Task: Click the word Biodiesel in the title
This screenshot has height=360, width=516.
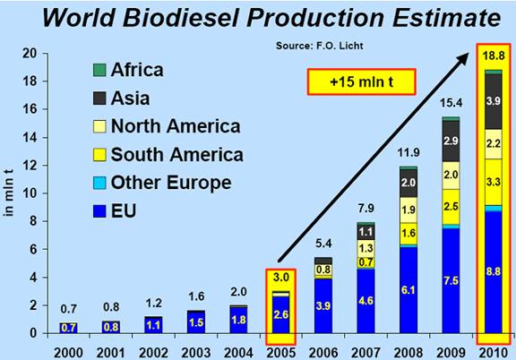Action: [x=180, y=17]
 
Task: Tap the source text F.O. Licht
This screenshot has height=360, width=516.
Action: [x=340, y=46]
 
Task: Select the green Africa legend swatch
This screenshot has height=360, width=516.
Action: [x=99, y=70]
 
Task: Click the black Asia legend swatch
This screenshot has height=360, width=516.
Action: [x=99, y=99]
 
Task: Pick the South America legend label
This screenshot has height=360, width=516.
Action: [x=177, y=154]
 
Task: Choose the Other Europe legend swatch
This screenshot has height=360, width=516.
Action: [x=99, y=183]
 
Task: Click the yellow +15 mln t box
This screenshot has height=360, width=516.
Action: [x=361, y=81]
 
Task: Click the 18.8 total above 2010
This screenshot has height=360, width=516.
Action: [x=494, y=56]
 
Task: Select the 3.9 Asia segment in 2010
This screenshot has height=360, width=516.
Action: [x=494, y=101]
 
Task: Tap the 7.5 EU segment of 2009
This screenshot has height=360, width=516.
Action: [x=451, y=280]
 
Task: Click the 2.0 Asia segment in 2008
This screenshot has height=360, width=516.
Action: [x=408, y=184]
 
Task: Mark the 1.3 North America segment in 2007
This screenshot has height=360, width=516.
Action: [x=365, y=248]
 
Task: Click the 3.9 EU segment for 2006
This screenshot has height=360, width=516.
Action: [x=323, y=306]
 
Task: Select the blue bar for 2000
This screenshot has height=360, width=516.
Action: [x=69, y=328]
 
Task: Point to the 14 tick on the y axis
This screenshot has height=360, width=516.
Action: [x=30, y=137]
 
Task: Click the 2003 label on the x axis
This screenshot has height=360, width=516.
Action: [x=196, y=353]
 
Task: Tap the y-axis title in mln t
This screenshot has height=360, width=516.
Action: [x=9, y=193]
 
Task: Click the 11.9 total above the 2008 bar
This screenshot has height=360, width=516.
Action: [x=408, y=153]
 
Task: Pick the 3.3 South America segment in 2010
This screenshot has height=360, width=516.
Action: [x=494, y=183]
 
